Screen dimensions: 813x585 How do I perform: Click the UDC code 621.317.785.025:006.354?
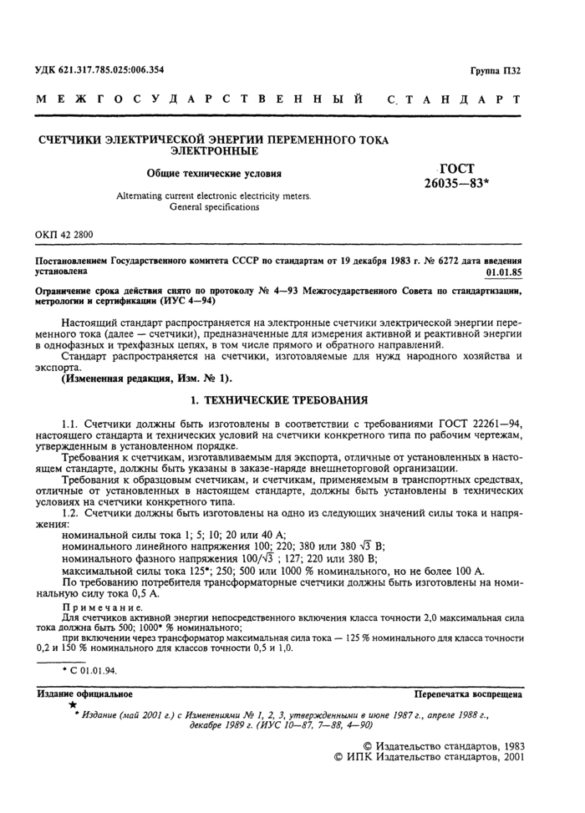(99, 69)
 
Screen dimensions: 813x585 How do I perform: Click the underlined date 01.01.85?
(504, 272)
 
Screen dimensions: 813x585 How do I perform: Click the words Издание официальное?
(84, 694)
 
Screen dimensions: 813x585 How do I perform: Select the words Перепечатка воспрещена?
(469, 694)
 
